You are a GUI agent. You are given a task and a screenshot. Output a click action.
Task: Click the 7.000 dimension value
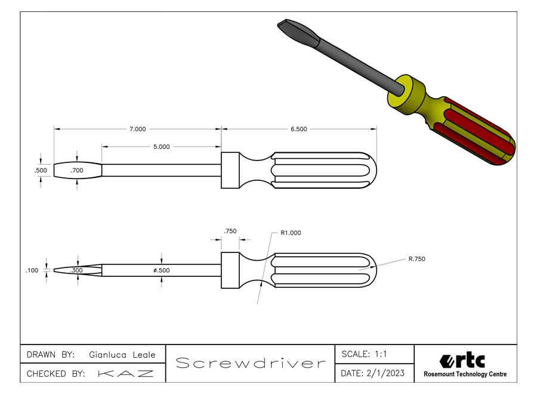click(137, 128)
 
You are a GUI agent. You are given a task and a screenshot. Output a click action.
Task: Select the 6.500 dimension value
click(299, 128)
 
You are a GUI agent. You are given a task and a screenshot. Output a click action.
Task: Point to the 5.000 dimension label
click(161, 146)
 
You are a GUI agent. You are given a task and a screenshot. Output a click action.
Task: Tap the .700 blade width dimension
click(77, 171)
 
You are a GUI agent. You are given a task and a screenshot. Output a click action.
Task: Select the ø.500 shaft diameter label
click(161, 270)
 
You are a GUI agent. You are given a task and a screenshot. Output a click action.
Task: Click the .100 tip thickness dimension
click(32, 270)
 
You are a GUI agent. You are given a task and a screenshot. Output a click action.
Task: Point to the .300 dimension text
click(76, 270)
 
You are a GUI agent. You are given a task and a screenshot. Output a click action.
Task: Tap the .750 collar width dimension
click(230, 231)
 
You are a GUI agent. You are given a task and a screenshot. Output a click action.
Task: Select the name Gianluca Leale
click(122, 355)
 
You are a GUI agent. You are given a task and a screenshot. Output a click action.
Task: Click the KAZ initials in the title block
click(125, 374)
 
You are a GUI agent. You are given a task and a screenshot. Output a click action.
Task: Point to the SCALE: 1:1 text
click(364, 354)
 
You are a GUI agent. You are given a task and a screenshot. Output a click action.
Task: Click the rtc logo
click(462, 361)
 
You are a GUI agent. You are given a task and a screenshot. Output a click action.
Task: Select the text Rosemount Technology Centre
click(465, 374)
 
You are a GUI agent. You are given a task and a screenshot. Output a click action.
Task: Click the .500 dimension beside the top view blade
click(41, 170)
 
